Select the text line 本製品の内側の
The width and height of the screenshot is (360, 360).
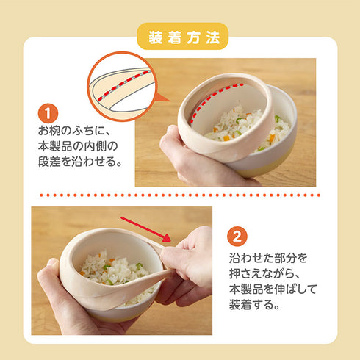pyautogui.click(x=77, y=147)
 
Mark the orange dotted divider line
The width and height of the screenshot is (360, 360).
pyautogui.click(x=179, y=195)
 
